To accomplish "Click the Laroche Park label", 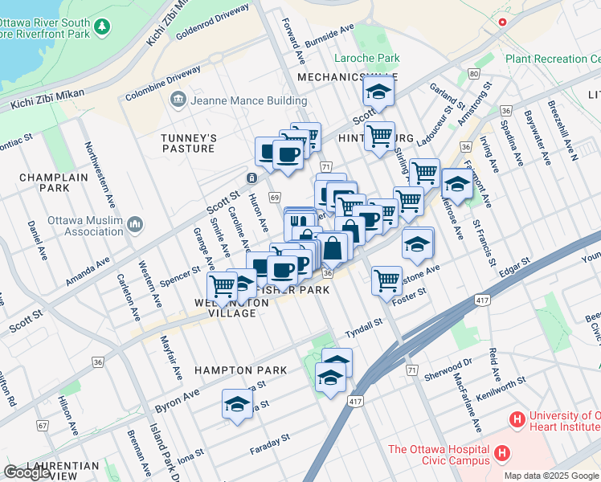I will (367, 59).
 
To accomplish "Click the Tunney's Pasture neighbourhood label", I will (188, 143).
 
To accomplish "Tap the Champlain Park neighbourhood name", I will (48, 182).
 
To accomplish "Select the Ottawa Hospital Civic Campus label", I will (438, 455).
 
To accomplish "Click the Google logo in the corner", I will (27, 472).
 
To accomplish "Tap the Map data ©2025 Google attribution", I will (552, 476).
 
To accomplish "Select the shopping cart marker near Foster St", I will (386, 280).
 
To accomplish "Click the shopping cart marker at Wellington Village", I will (222, 285).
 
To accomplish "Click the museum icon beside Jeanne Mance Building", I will (177, 100).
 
